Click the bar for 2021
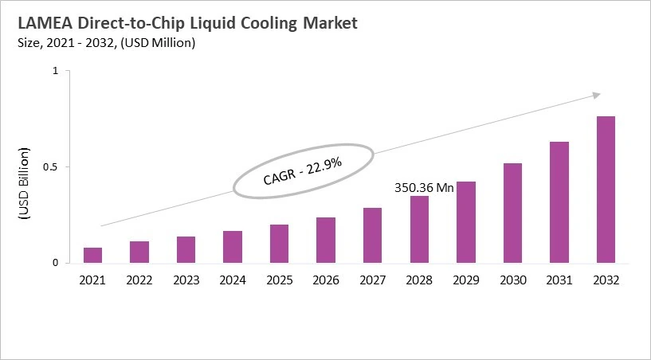[93, 255]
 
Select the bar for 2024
[233, 247]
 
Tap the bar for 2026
[326, 240]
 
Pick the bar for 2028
[419, 229]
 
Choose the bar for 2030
[512, 213]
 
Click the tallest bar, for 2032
[606, 190]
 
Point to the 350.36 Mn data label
[424, 188]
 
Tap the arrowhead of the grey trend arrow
[595, 95]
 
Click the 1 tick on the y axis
[56, 72]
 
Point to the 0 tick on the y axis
[56, 263]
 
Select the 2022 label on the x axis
[139, 280]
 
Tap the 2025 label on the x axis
[279, 280]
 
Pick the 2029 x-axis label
[465, 280]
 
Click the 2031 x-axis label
[559, 280]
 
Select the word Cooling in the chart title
[255, 23]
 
